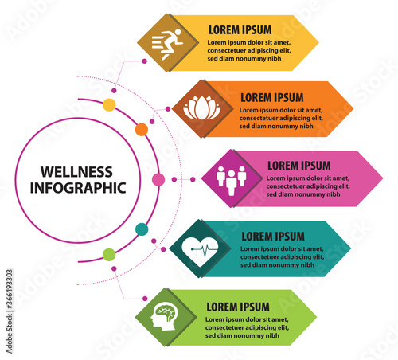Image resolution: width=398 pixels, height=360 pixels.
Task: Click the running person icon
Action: coord(167,44)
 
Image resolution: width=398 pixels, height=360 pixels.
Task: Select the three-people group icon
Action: coord(231,180)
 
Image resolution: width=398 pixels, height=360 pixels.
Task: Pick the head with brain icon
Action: coord(164,317)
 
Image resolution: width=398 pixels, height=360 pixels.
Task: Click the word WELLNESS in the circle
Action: coord(76,172)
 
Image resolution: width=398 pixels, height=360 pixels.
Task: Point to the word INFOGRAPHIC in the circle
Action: coord(78,188)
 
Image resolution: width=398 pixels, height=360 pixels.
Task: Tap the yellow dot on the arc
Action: coord(109,104)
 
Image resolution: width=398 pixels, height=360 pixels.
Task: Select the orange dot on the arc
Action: coord(142,130)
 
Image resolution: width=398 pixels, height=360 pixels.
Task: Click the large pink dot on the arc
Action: coord(158,180)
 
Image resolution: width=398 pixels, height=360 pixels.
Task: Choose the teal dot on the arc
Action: coord(142,229)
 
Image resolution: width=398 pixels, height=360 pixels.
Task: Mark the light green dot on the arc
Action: coord(109,255)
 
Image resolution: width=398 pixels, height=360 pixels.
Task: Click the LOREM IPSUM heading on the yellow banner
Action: coord(240,30)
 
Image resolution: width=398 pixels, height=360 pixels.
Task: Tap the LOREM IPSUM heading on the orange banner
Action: coord(272,98)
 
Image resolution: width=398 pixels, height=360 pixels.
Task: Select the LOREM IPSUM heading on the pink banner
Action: coord(299,166)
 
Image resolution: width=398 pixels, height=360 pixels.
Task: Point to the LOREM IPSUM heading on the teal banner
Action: coord(273,237)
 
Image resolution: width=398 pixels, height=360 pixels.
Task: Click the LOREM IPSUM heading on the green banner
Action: coord(238,307)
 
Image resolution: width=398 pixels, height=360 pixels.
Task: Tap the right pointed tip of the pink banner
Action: coord(383,178)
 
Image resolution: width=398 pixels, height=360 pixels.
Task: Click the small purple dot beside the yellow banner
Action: coord(144,61)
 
